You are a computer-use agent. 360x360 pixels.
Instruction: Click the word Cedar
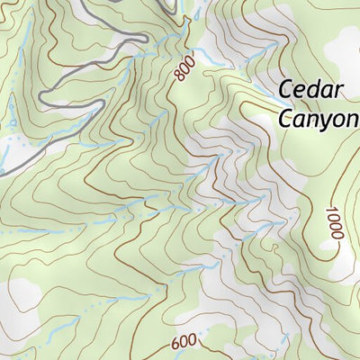pyautogui.click(x=310, y=90)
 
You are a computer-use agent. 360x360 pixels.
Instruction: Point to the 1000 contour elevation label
pyautogui.click(x=331, y=222)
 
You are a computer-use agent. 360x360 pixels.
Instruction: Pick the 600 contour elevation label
pyautogui.click(x=183, y=343)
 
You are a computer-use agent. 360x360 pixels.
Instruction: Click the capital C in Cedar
pyautogui.click(x=287, y=90)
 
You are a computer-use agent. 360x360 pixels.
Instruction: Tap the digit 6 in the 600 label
pyautogui.click(x=173, y=344)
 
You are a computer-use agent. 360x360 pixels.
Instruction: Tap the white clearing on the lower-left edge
pyautogui.click(x=22, y=297)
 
